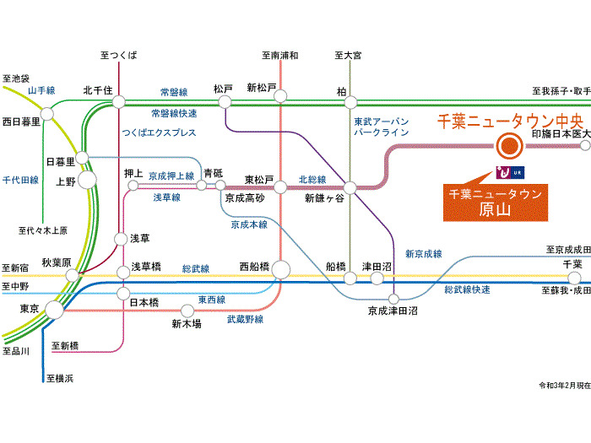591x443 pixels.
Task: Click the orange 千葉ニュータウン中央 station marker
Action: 509,146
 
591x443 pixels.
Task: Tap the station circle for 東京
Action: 55,310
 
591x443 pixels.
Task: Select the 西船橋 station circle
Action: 281,270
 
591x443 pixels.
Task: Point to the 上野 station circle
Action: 87,180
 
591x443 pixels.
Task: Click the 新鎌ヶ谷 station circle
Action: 350,187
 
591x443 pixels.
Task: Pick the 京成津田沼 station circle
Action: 393,299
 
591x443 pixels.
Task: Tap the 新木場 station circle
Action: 187,311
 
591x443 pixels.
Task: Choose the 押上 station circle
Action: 133,186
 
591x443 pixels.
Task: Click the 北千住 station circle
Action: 119,102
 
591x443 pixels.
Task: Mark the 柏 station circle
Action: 350,102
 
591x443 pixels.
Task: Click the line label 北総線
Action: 312,179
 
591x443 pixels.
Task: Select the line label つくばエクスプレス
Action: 159,132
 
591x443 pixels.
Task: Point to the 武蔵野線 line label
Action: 245,320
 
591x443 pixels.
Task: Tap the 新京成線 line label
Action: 424,254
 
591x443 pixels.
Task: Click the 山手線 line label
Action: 41,90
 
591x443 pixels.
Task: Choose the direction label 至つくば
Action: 119,56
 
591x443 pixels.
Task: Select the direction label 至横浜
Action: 60,378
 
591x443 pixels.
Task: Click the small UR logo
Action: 510,172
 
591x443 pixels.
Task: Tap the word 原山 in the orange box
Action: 495,209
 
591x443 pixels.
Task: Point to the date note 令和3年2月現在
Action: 565,386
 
